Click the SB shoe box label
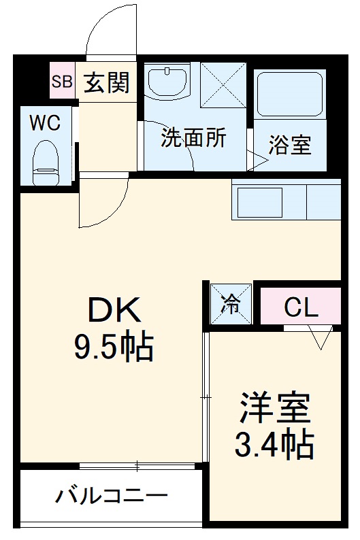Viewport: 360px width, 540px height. (x=62, y=82)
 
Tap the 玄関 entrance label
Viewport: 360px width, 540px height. (x=106, y=82)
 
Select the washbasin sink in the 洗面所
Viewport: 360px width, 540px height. (x=167, y=82)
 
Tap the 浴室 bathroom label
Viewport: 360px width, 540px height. (x=290, y=145)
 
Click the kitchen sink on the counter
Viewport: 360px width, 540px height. (x=259, y=202)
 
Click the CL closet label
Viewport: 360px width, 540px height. (x=301, y=308)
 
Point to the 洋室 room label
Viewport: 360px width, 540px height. (x=274, y=407)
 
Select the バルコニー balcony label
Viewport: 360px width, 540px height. (x=112, y=495)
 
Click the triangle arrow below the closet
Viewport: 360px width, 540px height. (x=320, y=337)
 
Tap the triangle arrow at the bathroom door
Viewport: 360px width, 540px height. (x=259, y=161)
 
